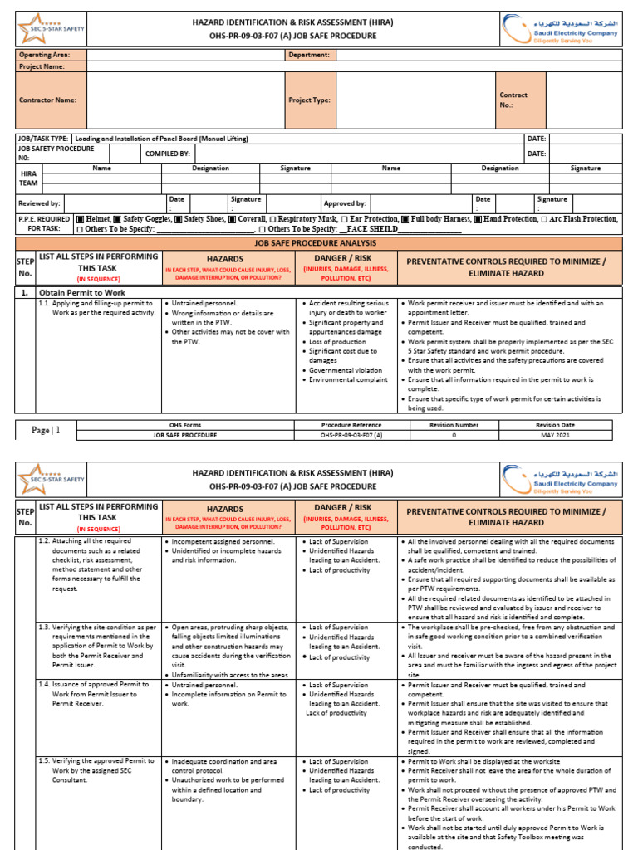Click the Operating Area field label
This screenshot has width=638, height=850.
click(x=44, y=55)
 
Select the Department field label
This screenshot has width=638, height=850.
click(x=308, y=55)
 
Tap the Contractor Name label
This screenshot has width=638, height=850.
click(x=47, y=100)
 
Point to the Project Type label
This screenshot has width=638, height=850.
click(x=309, y=100)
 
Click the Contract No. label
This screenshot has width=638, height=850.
click(x=513, y=100)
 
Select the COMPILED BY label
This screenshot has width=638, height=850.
click(x=168, y=154)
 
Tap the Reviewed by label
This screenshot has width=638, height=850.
click(x=39, y=203)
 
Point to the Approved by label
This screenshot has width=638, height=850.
click(x=345, y=203)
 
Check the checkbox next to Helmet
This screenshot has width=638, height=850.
click(x=80, y=219)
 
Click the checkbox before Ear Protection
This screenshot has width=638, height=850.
click(x=346, y=219)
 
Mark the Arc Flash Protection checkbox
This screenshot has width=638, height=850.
click(x=544, y=219)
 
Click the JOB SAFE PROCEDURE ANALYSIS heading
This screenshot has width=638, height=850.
click(x=315, y=243)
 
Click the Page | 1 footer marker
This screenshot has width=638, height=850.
click(x=46, y=430)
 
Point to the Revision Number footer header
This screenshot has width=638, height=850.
click(x=454, y=425)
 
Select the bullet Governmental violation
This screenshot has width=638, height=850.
click(x=346, y=370)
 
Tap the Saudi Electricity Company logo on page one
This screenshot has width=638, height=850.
click(x=561, y=31)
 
